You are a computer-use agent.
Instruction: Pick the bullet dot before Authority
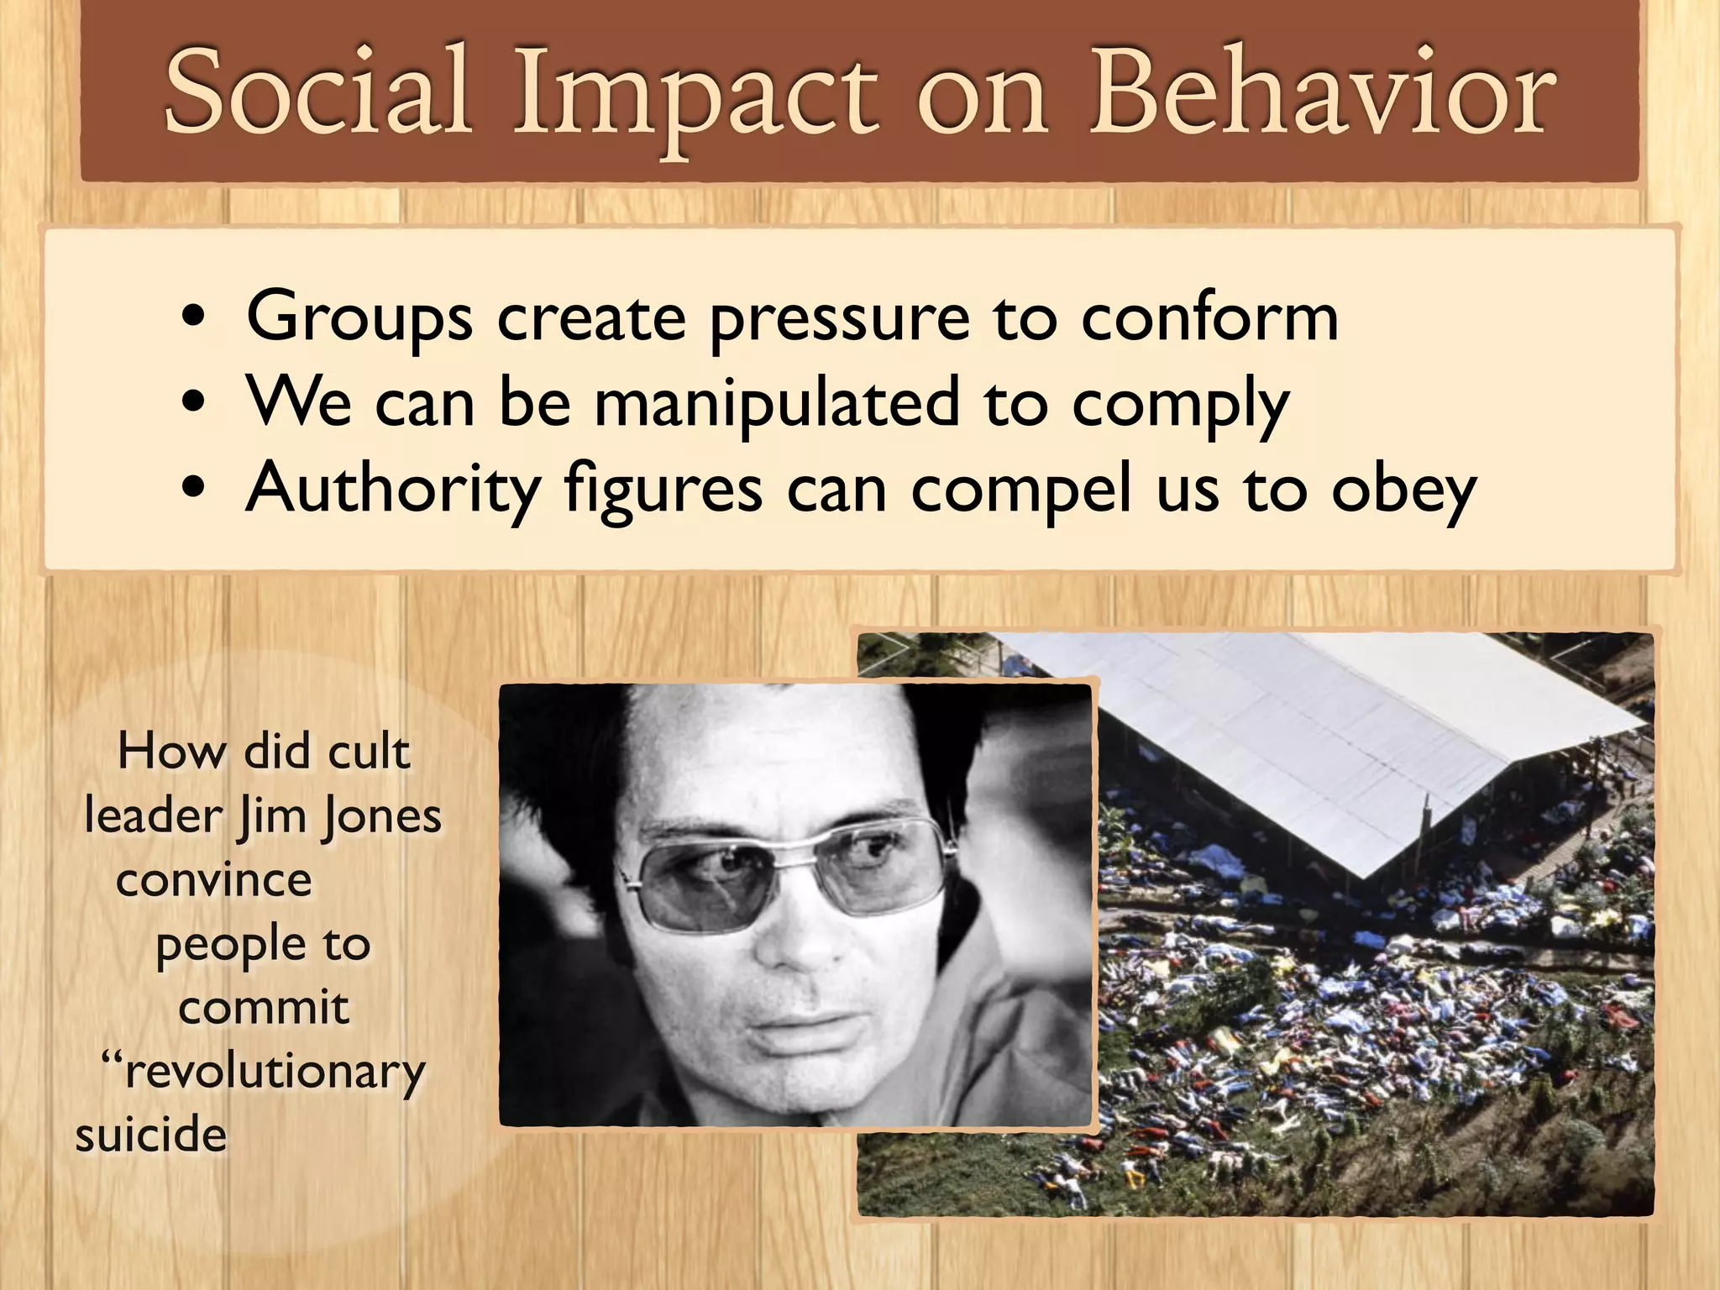[x=193, y=489]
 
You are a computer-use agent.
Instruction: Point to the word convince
[x=214, y=880]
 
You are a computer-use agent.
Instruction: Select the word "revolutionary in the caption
[x=264, y=1071]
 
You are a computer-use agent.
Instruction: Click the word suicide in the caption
[x=151, y=1135]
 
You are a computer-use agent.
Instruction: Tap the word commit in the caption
[x=264, y=1007]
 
